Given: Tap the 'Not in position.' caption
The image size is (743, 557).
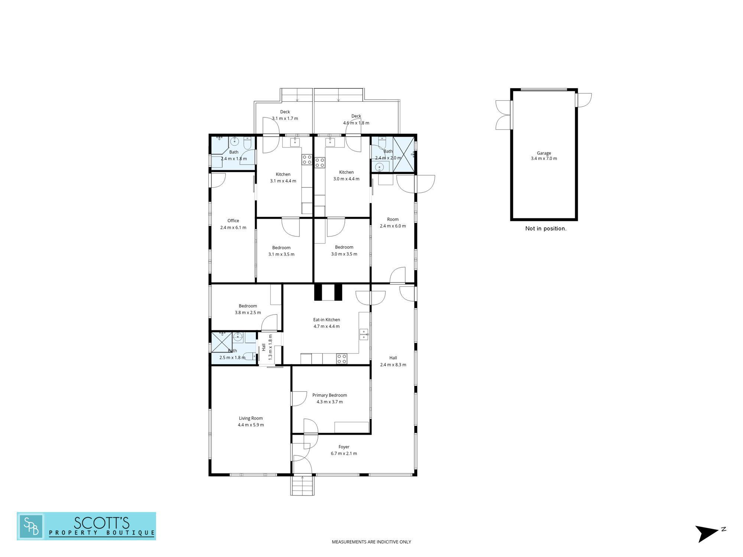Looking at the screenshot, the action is (x=546, y=228).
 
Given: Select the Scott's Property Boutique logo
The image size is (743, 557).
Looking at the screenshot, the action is (x=86, y=526).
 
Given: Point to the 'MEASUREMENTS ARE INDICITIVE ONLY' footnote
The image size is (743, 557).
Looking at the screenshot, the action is (x=371, y=542).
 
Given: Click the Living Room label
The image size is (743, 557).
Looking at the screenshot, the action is (x=251, y=421).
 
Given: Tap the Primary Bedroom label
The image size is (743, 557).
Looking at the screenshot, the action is (x=330, y=398).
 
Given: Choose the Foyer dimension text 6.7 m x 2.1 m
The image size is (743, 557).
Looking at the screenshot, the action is (x=344, y=453).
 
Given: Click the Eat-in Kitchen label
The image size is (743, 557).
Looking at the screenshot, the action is (x=327, y=323).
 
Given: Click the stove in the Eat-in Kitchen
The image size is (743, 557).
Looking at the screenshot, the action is (x=342, y=359).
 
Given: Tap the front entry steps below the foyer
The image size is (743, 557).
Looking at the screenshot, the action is (x=302, y=485).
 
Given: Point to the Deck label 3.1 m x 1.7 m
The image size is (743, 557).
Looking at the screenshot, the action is (x=285, y=115).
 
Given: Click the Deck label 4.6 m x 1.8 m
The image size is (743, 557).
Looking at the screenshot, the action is (x=356, y=120).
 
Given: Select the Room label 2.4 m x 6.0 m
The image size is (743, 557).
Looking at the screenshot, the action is (x=393, y=222).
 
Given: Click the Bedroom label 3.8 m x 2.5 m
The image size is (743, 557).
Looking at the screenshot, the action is (x=248, y=309).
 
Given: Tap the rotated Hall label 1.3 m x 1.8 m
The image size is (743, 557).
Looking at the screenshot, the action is (x=267, y=347).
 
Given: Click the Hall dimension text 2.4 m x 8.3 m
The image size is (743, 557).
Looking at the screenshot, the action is (x=393, y=365).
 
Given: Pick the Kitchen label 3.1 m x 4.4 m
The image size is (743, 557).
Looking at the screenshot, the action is (x=283, y=177).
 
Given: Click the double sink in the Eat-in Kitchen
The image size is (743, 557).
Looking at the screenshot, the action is (x=364, y=334).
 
